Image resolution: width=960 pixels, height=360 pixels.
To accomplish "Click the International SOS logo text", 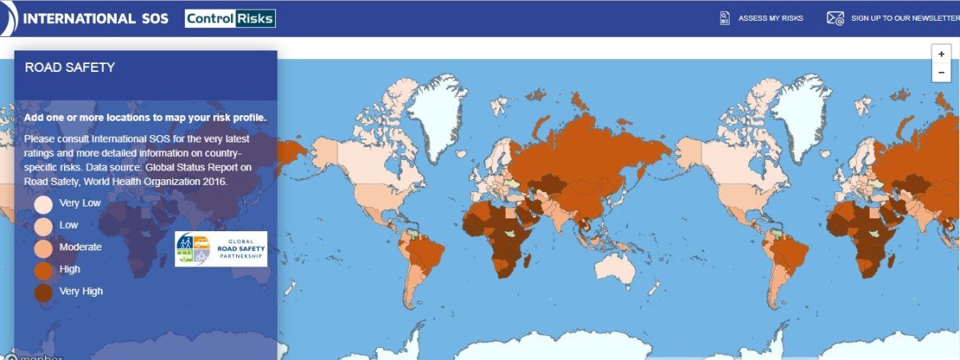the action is pyautogui.click(x=96, y=18).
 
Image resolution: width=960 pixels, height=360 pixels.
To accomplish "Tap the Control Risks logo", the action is pyautogui.click(x=230, y=18).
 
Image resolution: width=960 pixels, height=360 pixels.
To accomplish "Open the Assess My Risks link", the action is pyautogui.click(x=771, y=18).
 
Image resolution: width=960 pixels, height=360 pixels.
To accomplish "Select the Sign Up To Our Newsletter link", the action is pyautogui.click(x=905, y=18).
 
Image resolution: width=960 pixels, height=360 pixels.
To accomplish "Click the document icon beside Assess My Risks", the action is pyautogui.click(x=725, y=18).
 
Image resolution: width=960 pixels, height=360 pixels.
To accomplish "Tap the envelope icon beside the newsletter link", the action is pyautogui.click(x=835, y=18).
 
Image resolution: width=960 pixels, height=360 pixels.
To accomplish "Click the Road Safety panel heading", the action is pyautogui.click(x=70, y=68).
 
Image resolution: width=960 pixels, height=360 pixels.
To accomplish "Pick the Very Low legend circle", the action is pyautogui.click(x=43, y=204).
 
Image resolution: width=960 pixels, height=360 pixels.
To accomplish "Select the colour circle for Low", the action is pyautogui.click(x=43, y=226).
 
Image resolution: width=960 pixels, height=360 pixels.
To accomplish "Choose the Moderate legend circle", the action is pyautogui.click(x=43, y=248).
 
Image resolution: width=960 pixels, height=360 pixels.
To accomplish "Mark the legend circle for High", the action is pyautogui.click(x=43, y=270).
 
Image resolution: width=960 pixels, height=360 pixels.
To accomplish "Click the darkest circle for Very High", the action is pyautogui.click(x=43, y=292).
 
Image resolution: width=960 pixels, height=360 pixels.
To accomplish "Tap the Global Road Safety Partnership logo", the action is pyautogui.click(x=221, y=250).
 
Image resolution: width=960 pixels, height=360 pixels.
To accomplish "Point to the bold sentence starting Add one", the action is pyautogui.click(x=145, y=118).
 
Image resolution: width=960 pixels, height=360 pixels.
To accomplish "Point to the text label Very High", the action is pyautogui.click(x=81, y=292).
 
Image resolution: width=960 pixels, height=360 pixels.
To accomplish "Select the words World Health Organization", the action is pyautogui.click(x=144, y=182).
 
